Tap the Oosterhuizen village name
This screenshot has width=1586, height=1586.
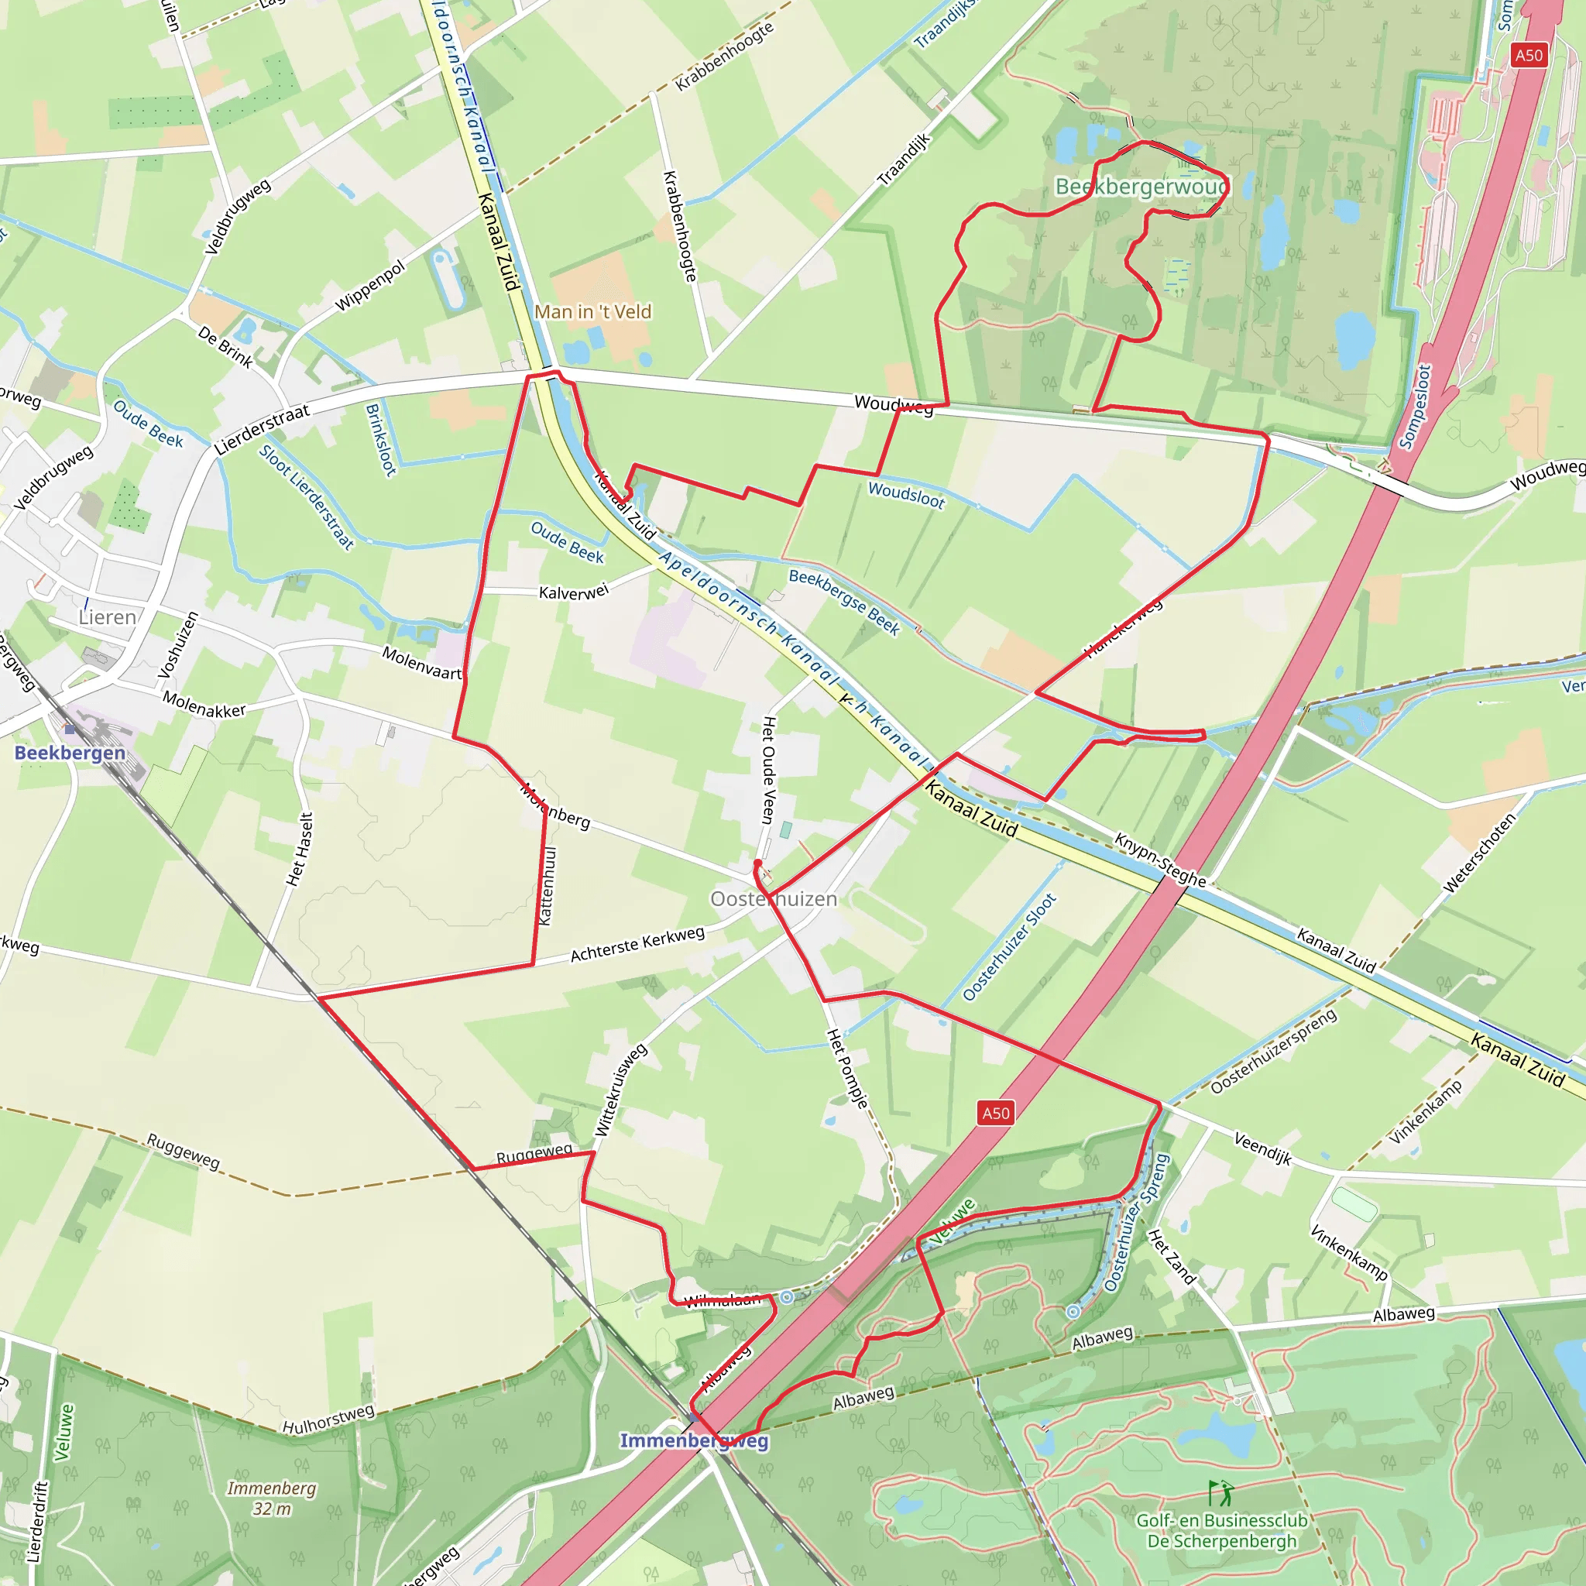[774, 899]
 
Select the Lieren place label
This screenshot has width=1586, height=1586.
[107, 617]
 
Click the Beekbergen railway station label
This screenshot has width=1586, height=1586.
[70, 753]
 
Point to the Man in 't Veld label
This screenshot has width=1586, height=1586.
[592, 312]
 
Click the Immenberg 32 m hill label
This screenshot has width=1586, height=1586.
[272, 1498]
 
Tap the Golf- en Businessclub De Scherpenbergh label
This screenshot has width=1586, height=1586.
[1221, 1531]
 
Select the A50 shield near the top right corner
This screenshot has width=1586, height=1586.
[1529, 55]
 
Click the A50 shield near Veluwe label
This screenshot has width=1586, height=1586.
[996, 1113]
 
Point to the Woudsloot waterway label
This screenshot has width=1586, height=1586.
[906, 495]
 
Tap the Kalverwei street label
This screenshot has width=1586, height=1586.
[574, 592]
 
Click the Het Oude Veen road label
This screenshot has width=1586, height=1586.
[768, 769]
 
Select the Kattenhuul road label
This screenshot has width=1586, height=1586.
[548, 886]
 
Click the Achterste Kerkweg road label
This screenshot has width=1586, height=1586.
[638, 944]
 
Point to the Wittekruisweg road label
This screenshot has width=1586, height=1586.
[620, 1090]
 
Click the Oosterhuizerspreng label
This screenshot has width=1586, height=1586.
[1273, 1052]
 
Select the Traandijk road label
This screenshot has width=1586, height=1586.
[905, 160]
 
